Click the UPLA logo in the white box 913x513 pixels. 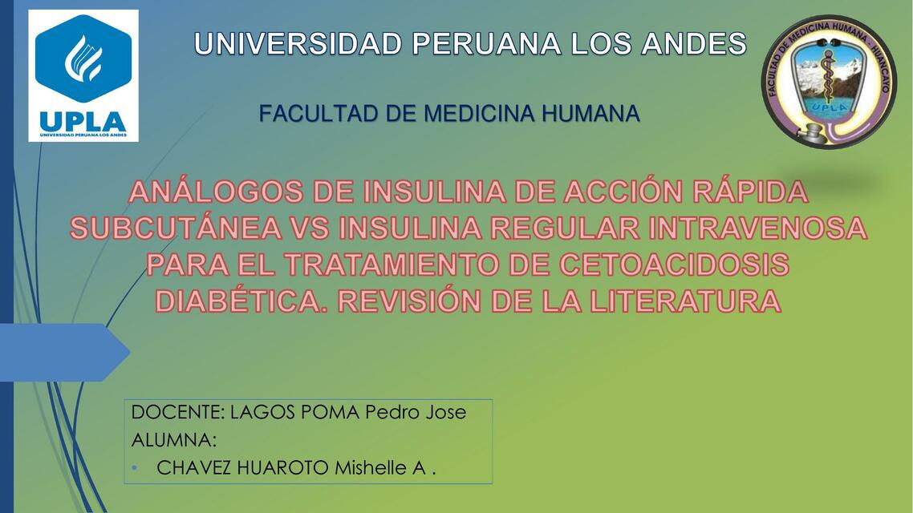point(83,76)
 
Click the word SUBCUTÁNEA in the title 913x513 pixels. point(176,229)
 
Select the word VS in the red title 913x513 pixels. point(310,229)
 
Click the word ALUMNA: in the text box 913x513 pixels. point(173,440)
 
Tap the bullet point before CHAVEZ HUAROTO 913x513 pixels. point(136,468)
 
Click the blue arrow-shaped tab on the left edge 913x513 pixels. point(64,353)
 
